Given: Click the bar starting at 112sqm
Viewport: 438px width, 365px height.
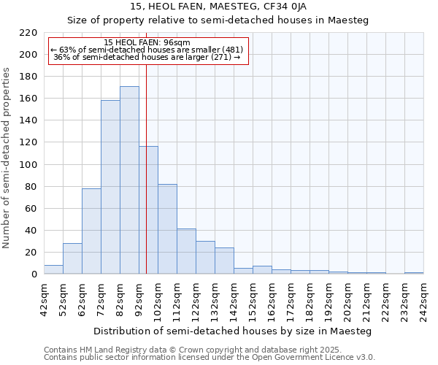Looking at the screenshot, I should (186, 251).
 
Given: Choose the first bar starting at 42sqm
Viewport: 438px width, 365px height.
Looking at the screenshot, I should (53, 269).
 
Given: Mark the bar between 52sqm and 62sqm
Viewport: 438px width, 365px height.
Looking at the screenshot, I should (72, 258).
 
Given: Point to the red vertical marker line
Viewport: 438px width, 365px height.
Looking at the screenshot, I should (147, 182).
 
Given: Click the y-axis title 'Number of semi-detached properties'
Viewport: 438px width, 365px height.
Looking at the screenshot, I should (7, 158).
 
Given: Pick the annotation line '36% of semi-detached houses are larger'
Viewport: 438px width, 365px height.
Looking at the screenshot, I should (147, 57).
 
